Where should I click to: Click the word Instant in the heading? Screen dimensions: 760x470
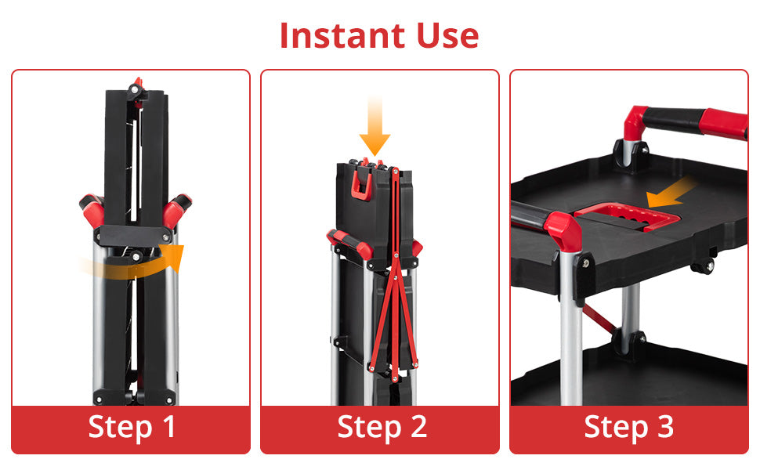[x=342, y=35]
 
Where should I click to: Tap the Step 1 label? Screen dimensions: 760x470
[x=132, y=428]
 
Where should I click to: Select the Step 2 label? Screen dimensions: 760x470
[x=382, y=428]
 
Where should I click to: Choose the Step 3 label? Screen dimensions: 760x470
[x=628, y=428]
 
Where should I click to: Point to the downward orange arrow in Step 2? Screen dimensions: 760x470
[x=375, y=126]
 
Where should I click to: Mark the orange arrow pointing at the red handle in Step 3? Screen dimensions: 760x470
[x=671, y=193]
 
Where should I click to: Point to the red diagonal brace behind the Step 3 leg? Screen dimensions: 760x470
[x=599, y=318]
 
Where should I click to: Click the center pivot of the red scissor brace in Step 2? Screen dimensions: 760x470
[x=396, y=277]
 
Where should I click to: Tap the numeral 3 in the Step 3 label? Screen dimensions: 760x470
[x=665, y=427]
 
